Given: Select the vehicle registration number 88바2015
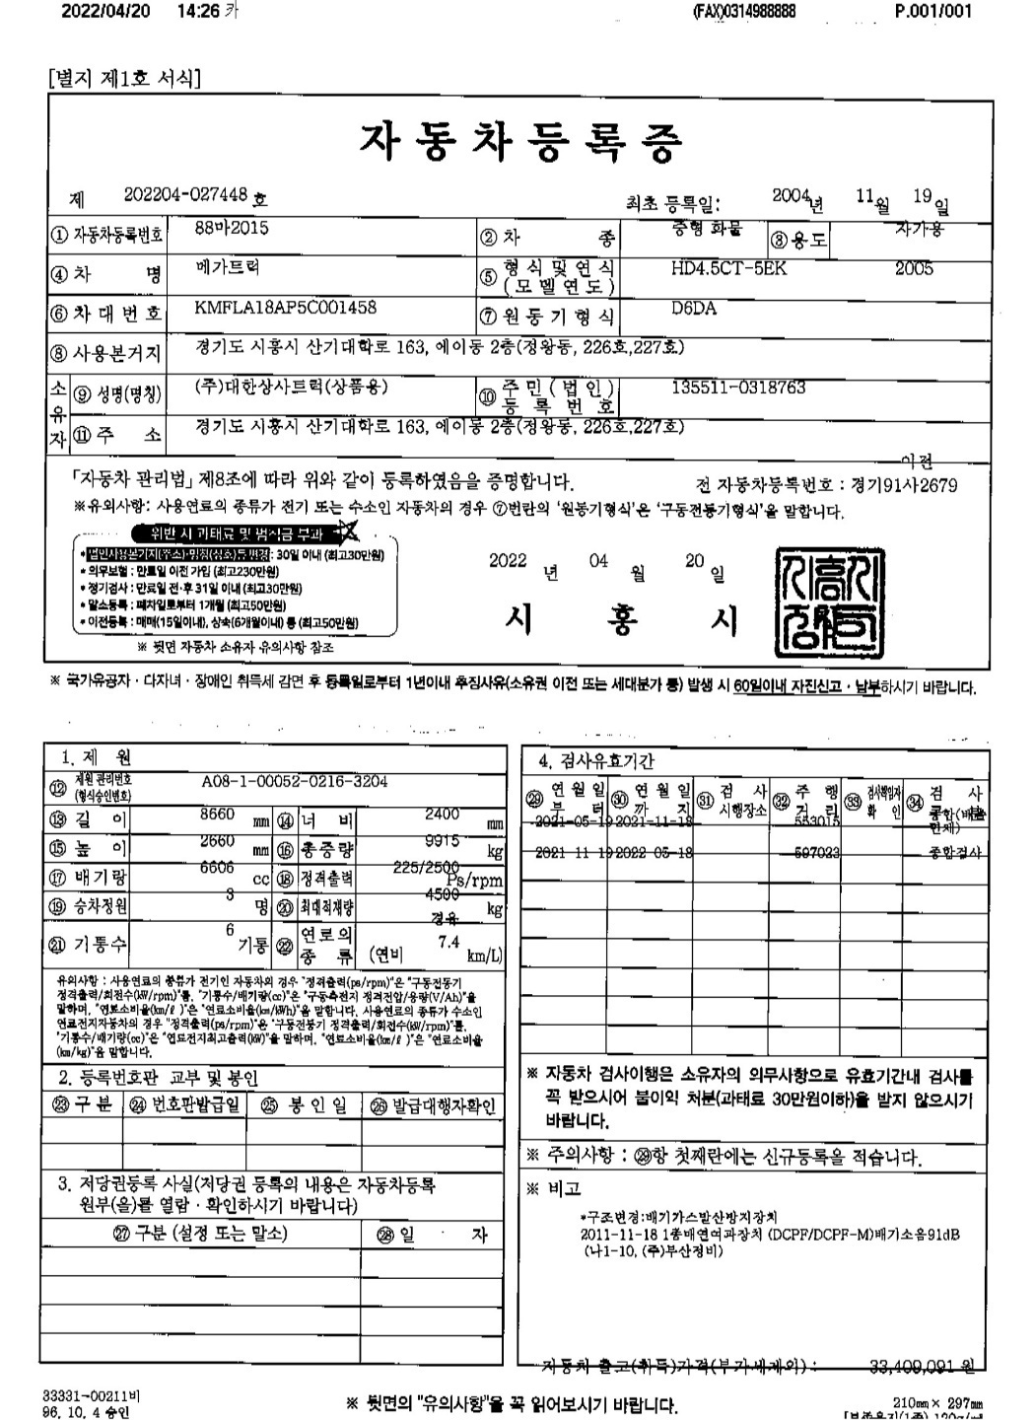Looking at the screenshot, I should pyautogui.click(x=232, y=228).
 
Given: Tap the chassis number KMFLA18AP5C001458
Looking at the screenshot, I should pyautogui.click(x=286, y=307).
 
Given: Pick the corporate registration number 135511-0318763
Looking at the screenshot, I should pyautogui.click(x=738, y=388).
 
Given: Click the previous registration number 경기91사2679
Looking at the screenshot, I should pyautogui.click(x=902, y=485).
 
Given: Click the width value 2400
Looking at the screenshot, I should pyautogui.click(x=442, y=815).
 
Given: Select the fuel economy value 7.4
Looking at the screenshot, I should pyautogui.click(x=448, y=942).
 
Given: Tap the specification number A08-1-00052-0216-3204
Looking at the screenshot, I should pyautogui.click(x=294, y=781).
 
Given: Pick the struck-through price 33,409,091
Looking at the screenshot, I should pyautogui.click(x=914, y=1366).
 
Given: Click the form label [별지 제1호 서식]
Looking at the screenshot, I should pyautogui.click(x=124, y=78).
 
